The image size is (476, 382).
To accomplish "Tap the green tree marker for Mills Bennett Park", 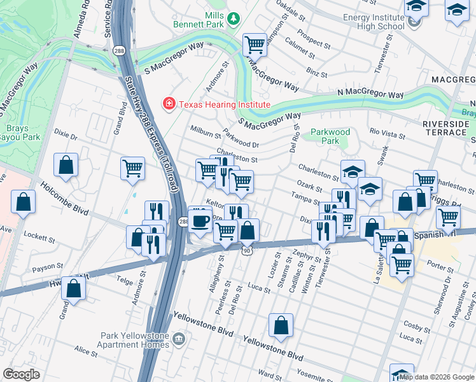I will [x=234, y=19].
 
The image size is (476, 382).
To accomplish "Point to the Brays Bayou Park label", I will [x=14, y=132].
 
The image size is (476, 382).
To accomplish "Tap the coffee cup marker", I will [x=200, y=221].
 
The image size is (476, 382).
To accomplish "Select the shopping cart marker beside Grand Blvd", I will [x=132, y=169].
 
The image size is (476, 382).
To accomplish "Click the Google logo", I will [x=21, y=374].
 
